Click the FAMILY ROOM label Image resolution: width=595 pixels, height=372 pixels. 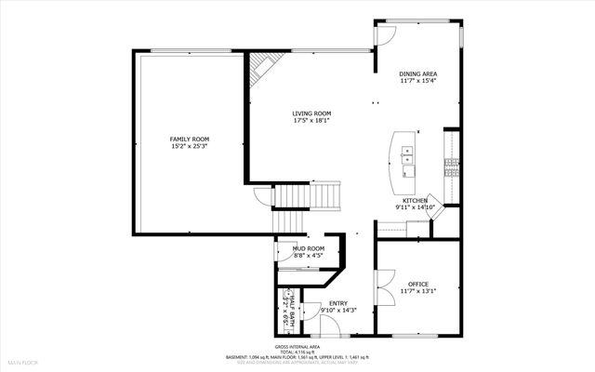click(189, 139)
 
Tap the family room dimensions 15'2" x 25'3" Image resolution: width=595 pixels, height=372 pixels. click(189, 146)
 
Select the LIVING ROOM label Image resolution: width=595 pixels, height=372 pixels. click(311, 113)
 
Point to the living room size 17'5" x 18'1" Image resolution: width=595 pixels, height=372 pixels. click(311, 120)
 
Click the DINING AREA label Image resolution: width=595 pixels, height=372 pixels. click(417, 73)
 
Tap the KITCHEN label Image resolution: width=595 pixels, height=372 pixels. click(415, 201)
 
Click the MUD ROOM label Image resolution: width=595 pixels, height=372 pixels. click(308, 248)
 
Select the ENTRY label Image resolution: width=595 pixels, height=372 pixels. click(338, 302)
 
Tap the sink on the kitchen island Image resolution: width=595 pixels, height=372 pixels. click(407, 160)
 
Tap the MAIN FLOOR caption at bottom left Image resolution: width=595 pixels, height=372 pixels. click(23, 360)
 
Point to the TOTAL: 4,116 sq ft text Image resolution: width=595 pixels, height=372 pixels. click(297, 351)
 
